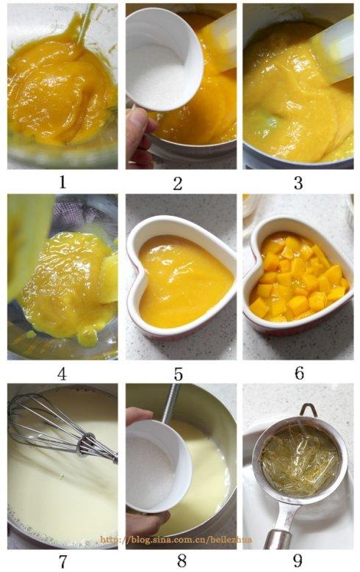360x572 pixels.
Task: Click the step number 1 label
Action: pos(62,181)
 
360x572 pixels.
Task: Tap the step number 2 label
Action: pos(178,183)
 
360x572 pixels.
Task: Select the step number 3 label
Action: pos(298,183)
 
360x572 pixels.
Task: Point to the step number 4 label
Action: pos(62,373)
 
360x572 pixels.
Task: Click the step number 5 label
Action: pos(178,374)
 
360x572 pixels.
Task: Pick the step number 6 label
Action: pos(299,373)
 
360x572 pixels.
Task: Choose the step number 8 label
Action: pos(181,561)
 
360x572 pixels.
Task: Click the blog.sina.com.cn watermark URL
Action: pos(176,540)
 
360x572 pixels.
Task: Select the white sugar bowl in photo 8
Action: pos(159,467)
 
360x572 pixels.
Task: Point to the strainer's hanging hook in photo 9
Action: pos(309,409)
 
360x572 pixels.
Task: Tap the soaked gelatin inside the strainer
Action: pos(300,460)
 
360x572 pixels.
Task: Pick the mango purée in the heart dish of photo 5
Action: pos(184,281)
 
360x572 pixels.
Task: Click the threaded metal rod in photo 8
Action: pos(171,403)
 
